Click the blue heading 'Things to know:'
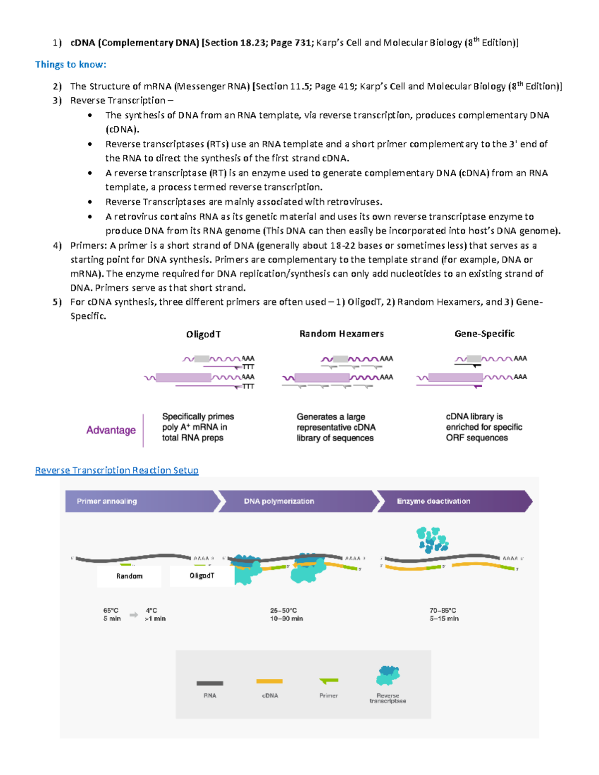click(x=70, y=64)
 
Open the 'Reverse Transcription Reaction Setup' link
click(x=117, y=470)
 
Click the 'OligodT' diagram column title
click(x=203, y=334)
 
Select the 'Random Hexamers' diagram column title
click(x=341, y=334)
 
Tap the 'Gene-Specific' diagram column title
click(x=484, y=334)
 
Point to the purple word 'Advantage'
click(x=111, y=430)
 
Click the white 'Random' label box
click(x=129, y=576)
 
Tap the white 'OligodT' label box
click(x=202, y=576)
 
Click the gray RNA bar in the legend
click(x=210, y=683)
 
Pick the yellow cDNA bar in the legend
click(x=270, y=681)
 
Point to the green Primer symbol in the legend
click(x=329, y=681)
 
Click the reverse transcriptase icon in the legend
click(x=388, y=675)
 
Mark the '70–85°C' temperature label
click(x=443, y=610)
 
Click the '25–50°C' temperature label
click(x=284, y=610)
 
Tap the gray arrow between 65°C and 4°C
click(x=133, y=615)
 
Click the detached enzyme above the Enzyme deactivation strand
click(x=432, y=540)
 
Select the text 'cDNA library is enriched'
click(x=484, y=422)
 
